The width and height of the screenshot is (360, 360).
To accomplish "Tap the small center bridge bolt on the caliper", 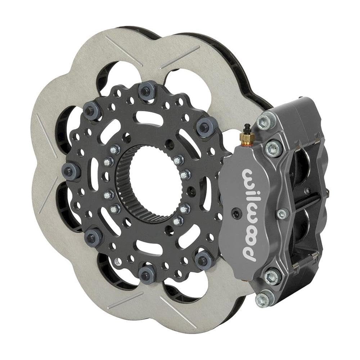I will tap(282, 214).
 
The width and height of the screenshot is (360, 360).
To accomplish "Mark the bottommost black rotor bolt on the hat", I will tap(146, 276).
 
